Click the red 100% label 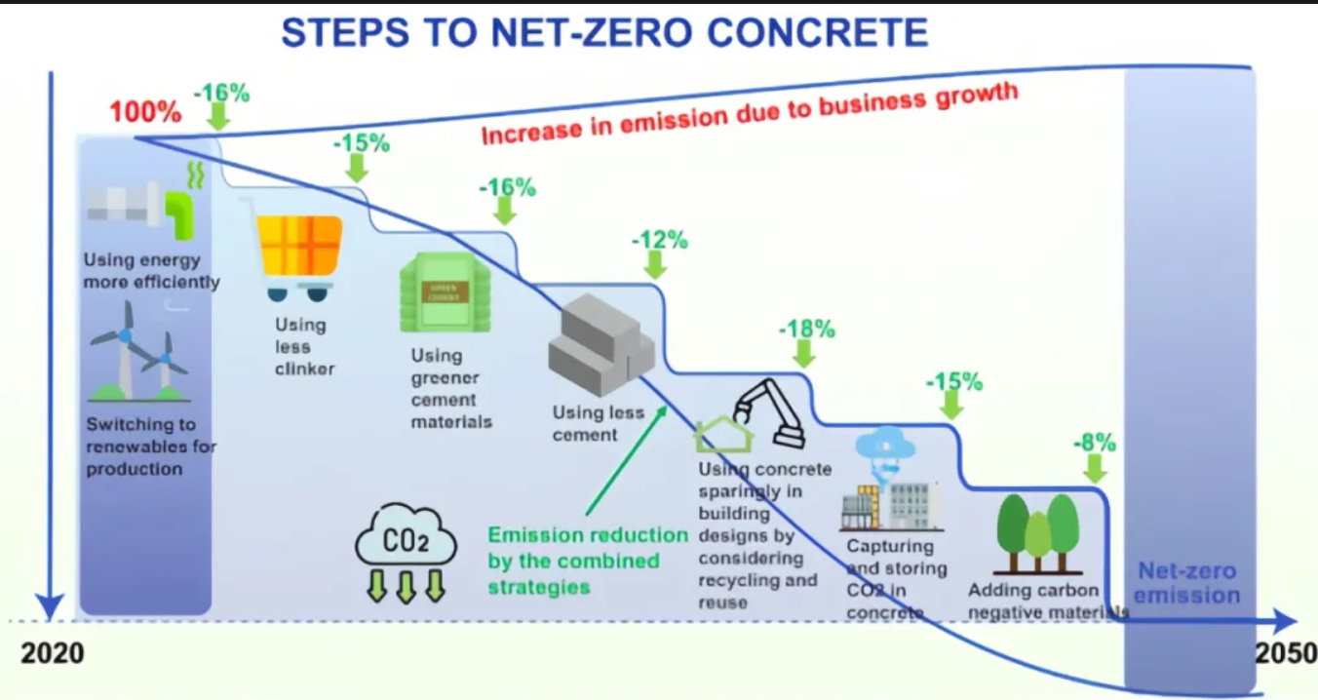pyautogui.click(x=145, y=111)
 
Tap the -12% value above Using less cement pyautogui.click(x=660, y=239)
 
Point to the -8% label pyautogui.click(x=1094, y=442)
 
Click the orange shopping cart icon pyautogui.click(x=298, y=255)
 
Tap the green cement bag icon pyautogui.click(x=445, y=292)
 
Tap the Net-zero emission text pyautogui.click(x=1188, y=583)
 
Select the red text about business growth pyautogui.click(x=749, y=115)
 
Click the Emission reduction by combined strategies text pyautogui.click(x=587, y=561)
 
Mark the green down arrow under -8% pyautogui.click(x=1096, y=469)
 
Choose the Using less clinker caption pyautogui.click(x=303, y=346)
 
